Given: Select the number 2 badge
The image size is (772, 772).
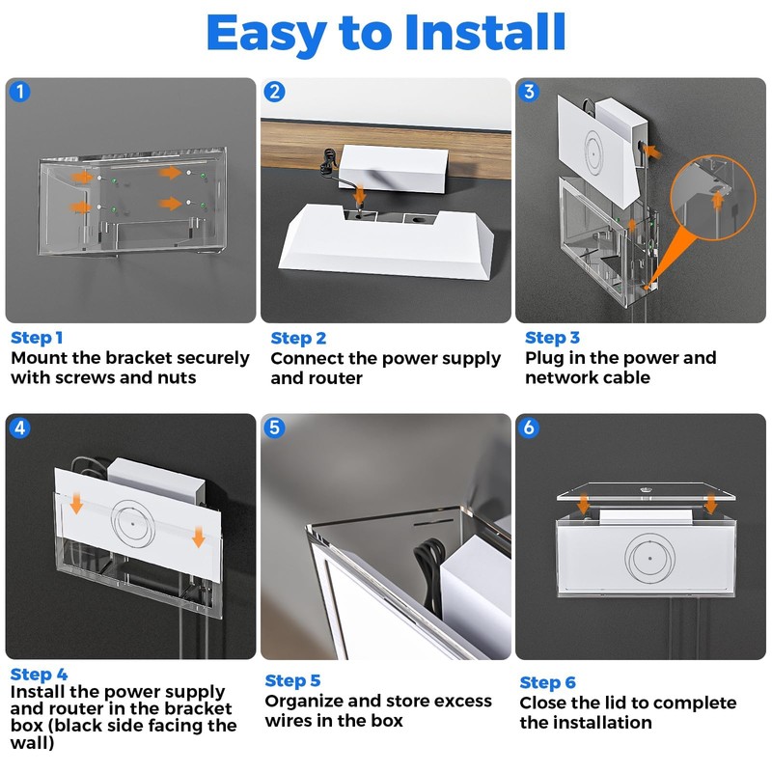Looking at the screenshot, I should pyautogui.click(x=275, y=93).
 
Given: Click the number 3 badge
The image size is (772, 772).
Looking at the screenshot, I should pyautogui.click(x=529, y=93).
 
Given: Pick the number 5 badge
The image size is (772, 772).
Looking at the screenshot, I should pyautogui.click(x=275, y=427).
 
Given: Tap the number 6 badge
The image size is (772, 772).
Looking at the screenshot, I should pyautogui.click(x=529, y=427).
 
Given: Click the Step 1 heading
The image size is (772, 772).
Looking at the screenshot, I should pyautogui.click(x=37, y=338).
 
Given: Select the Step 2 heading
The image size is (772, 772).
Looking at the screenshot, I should pyautogui.click(x=298, y=338).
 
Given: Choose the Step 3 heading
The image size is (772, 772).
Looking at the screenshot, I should pyautogui.click(x=552, y=338).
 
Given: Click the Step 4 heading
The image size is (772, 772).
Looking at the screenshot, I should pyautogui.click(x=39, y=675).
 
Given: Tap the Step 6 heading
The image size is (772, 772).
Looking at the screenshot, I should pyautogui.click(x=547, y=683).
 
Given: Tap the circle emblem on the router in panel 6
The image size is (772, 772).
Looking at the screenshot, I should pyautogui.click(x=648, y=557).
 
